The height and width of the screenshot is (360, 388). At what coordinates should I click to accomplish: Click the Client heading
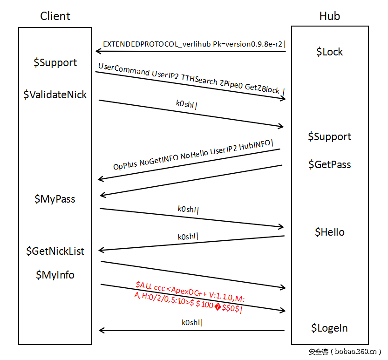(55, 16)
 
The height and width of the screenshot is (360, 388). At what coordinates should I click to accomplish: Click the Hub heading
(329, 16)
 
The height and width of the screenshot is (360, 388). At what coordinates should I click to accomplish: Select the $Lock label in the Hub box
(329, 52)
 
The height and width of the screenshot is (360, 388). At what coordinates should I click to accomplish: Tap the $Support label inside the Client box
(55, 62)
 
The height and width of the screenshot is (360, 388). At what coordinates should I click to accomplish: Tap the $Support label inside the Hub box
(329, 136)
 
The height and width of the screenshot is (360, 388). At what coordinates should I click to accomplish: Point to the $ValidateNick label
(55, 95)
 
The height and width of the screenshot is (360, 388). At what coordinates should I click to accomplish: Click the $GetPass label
(329, 164)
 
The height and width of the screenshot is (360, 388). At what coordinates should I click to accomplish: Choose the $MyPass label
(55, 199)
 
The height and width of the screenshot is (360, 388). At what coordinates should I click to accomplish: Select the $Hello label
(329, 232)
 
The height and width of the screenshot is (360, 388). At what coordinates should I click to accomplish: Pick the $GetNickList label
(55, 251)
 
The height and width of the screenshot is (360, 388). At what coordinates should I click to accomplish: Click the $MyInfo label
(55, 275)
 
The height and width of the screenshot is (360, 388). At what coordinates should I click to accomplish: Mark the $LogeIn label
(329, 328)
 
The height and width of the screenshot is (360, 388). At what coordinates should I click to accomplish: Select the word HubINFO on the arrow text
(256, 144)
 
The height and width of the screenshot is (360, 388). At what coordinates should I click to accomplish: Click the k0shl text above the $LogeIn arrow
(192, 322)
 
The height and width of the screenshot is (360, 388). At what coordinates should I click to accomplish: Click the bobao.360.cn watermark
(345, 352)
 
